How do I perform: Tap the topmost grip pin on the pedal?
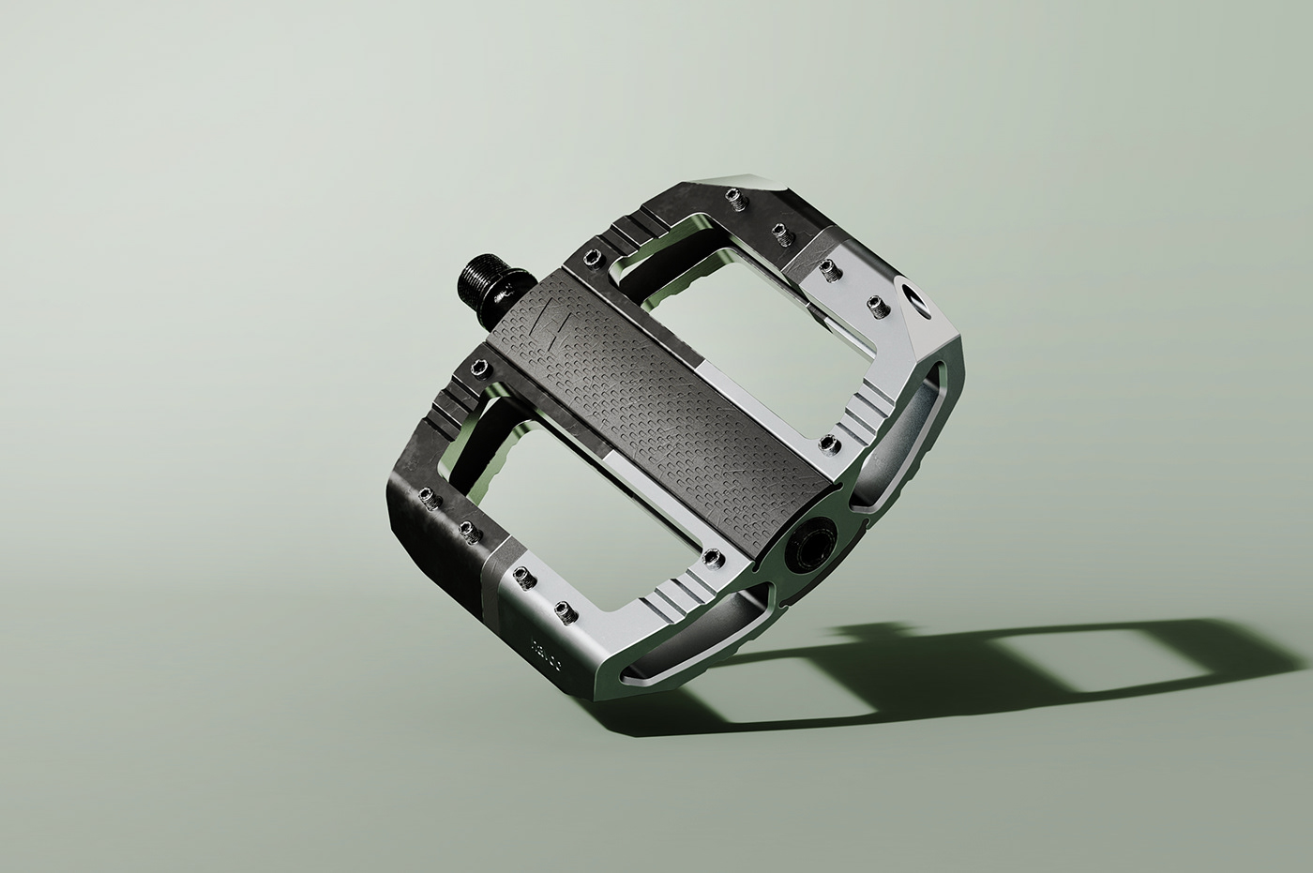point(732,196)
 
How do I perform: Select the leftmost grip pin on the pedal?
point(426,495)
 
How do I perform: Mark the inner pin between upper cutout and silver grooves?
point(826,441)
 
